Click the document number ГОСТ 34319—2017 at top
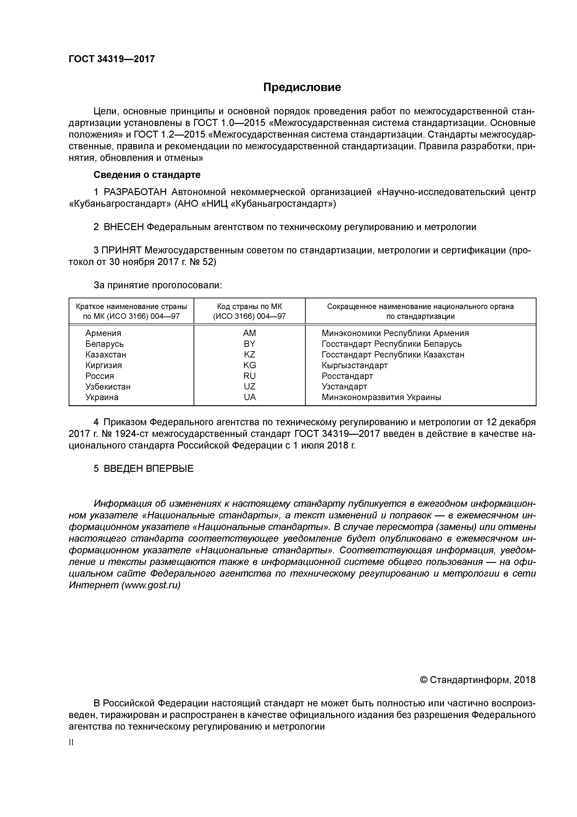click(112, 59)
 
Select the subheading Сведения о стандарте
click(147, 175)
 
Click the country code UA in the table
click(250, 397)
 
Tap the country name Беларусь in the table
click(104, 344)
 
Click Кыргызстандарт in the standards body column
click(354, 365)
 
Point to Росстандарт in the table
click(347, 376)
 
